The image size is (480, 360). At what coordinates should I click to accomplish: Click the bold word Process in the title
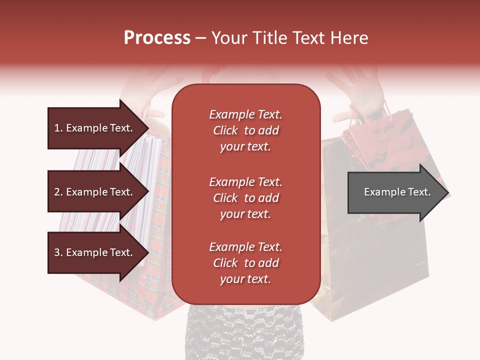[157, 38]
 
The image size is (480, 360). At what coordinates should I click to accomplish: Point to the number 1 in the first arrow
[56, 128]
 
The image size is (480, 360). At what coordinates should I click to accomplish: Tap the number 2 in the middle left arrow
[56, 192]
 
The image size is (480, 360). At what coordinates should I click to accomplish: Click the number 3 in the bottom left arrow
[56, 252]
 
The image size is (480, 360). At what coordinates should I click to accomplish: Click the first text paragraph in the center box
[245, 130]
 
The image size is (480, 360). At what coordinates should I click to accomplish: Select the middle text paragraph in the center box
[245, 198]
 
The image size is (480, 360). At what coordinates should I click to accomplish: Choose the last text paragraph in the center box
[245, 263]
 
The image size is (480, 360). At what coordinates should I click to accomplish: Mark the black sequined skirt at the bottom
[245, 332]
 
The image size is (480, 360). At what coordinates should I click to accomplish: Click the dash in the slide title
[200, 38]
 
